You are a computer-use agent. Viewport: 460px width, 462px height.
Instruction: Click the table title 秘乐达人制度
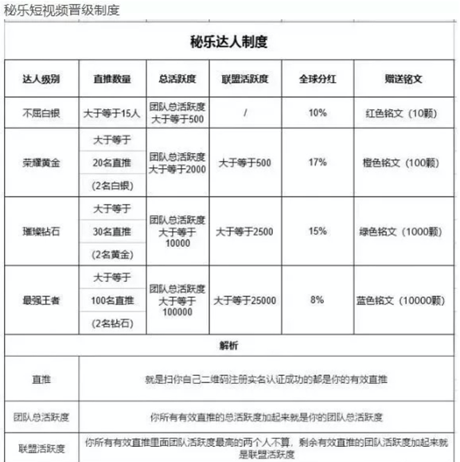click(230, 41)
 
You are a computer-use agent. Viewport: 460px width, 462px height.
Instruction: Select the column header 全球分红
click(318, 80)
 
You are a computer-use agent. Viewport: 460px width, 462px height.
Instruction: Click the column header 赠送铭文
click(405, 80)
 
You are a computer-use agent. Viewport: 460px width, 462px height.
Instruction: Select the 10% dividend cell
click(318, 113)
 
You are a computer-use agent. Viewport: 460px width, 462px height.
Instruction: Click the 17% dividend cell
click(318, 162)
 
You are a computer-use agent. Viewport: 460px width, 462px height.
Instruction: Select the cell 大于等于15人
click(111, 113)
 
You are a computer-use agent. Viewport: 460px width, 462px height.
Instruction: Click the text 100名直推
click(111, 300)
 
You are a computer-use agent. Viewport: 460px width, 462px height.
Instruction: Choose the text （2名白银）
click(111, 186)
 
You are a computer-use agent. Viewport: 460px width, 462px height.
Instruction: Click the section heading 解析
click(230, 345)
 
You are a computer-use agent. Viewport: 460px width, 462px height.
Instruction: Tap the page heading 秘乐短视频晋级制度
click(60, 10)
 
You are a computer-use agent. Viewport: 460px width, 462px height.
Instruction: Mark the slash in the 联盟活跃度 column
click(246, 113)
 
